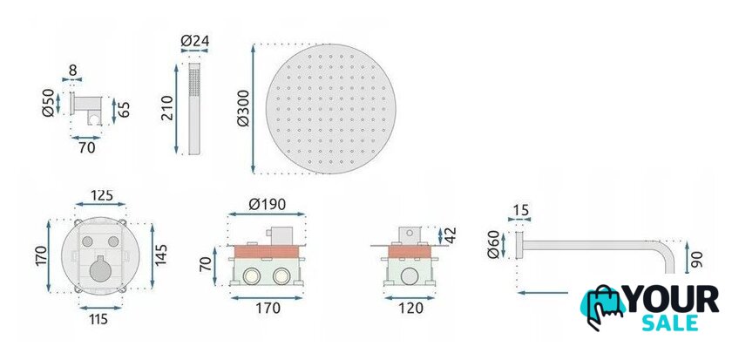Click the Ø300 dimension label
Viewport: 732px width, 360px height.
[x=243, y=108]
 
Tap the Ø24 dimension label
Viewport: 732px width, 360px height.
[x=194, y=41]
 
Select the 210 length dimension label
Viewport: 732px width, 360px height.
[x=167, y=108]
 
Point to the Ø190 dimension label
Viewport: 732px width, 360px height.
[x=267, y=204]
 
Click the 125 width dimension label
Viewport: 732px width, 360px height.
[x=102, y=194]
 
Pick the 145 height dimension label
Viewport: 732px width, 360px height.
[x=161, y=255]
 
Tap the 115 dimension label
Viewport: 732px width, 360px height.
[x=99, y=319]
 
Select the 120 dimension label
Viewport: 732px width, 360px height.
[x=410, y=309]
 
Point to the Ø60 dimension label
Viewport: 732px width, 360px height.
[x=493, y=244]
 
